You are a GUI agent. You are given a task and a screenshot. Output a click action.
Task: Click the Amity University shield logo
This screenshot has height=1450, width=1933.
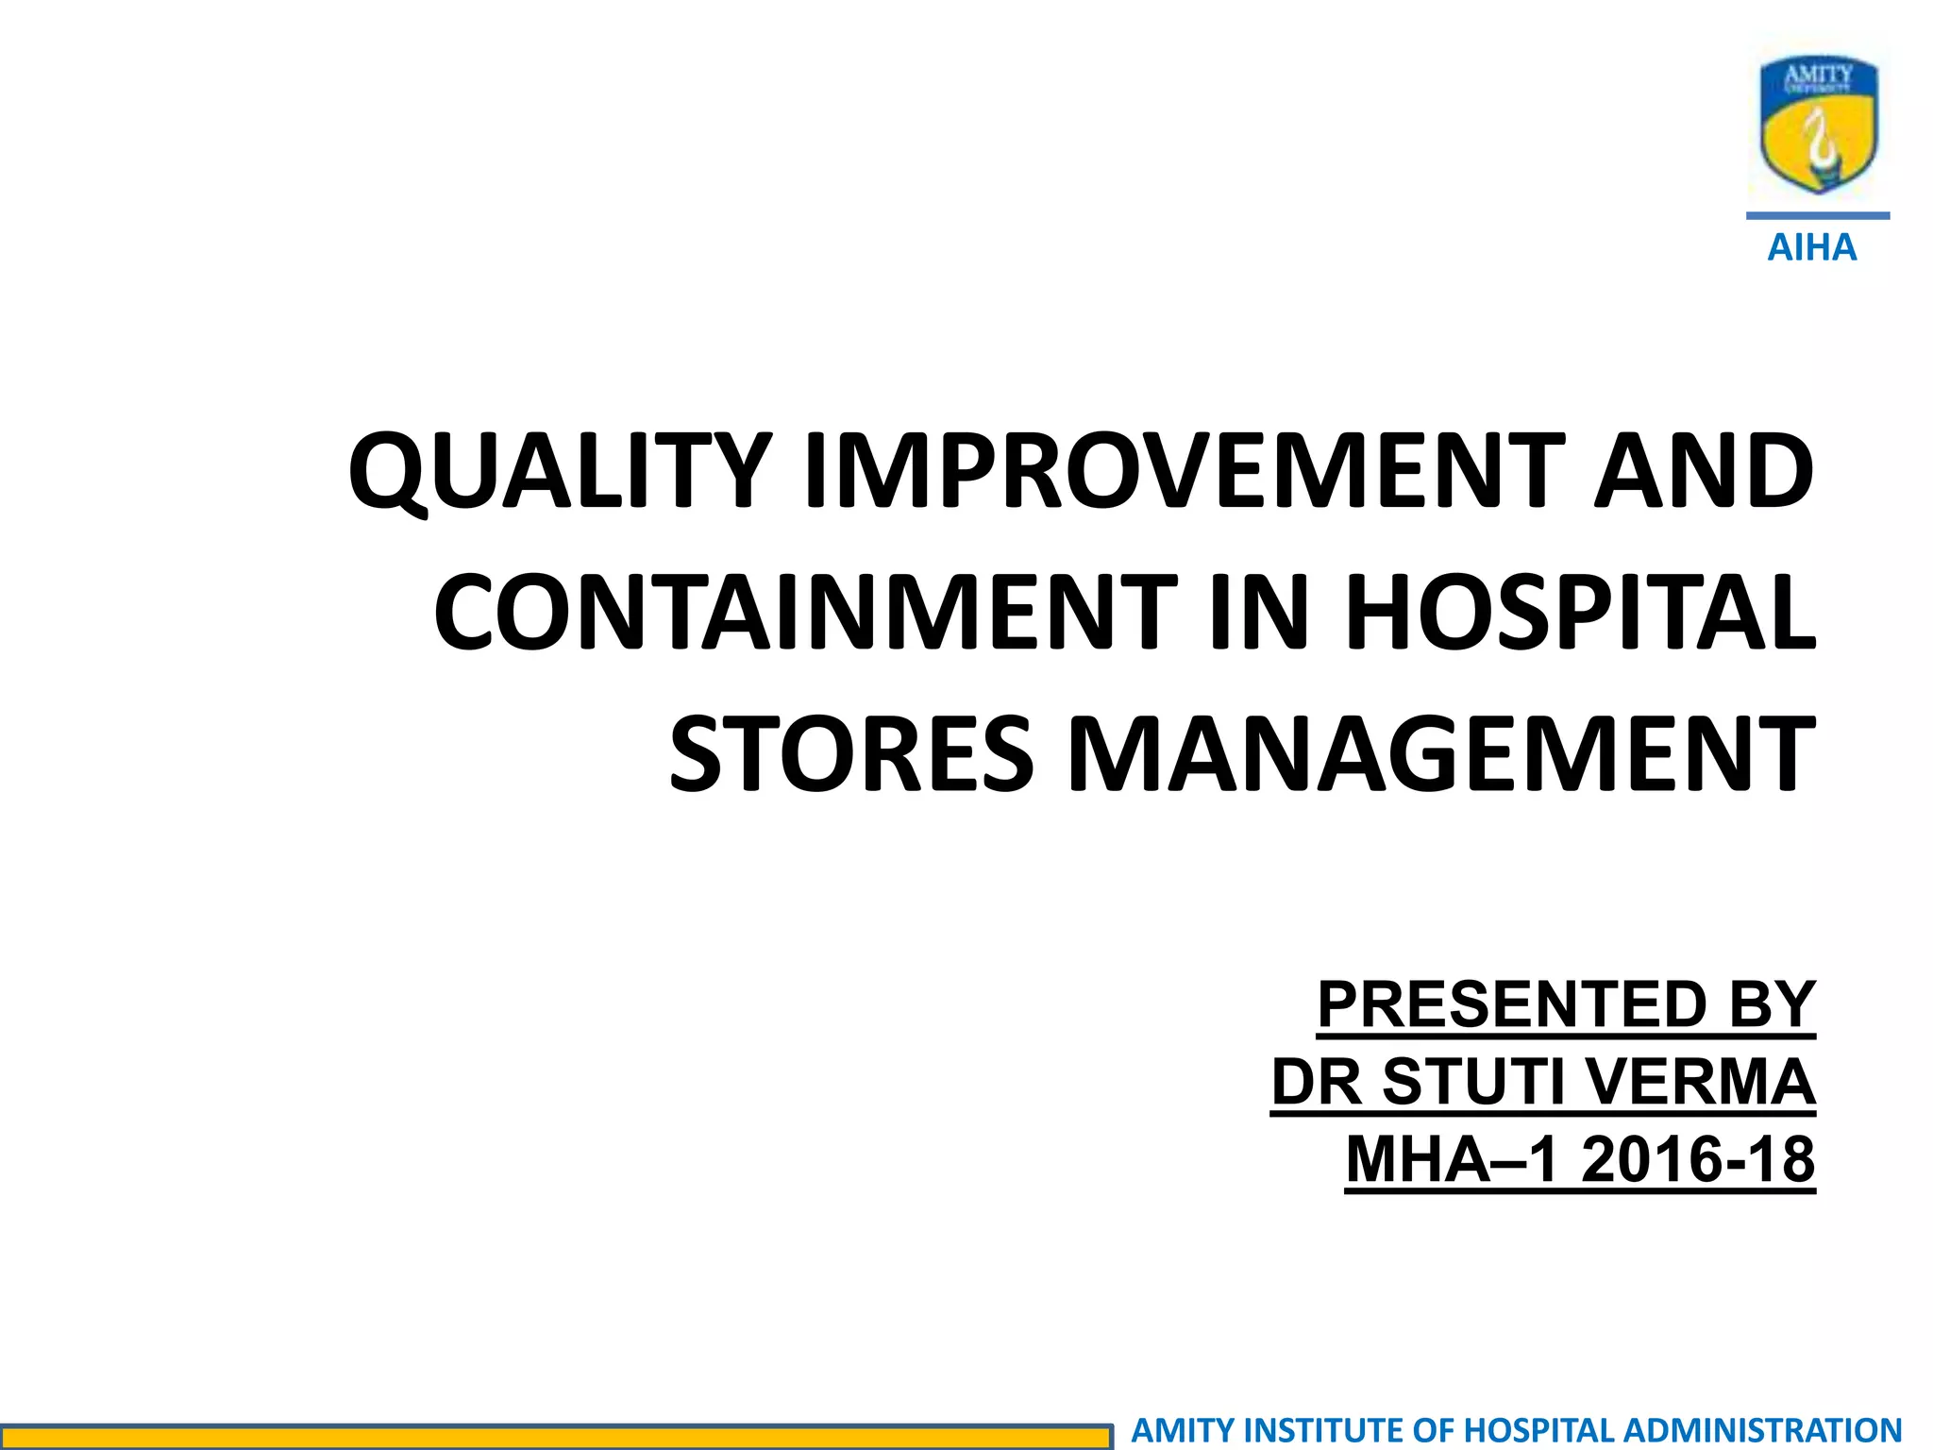tap(1818, 123)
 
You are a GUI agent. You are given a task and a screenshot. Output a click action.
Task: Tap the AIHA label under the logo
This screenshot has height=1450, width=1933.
tap(1811, 248)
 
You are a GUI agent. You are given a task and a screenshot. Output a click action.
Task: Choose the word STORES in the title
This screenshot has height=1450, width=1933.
tap(851, 753)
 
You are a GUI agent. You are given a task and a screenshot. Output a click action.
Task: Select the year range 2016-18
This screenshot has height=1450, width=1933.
tap(1697, 1159)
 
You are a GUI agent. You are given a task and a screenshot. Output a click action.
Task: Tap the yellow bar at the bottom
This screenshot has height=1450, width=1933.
tap(557, 1437)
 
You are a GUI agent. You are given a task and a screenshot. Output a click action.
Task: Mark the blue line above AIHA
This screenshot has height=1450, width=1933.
tap(1818, 216)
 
